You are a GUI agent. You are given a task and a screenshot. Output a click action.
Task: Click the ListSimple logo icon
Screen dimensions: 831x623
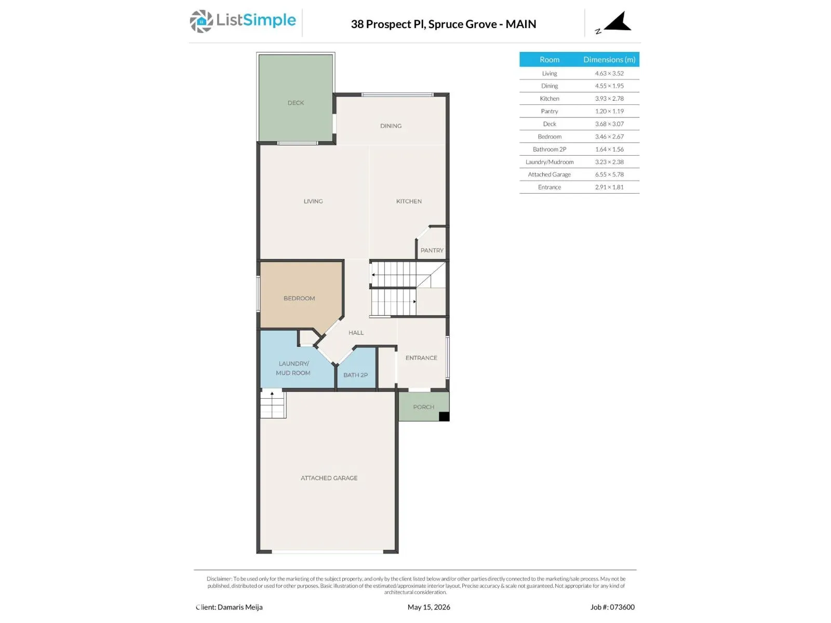[201, 21]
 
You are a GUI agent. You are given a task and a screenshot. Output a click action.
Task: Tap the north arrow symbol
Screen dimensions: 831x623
[618, 22]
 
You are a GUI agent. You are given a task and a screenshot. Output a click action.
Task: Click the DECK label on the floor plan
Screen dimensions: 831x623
[296, 103]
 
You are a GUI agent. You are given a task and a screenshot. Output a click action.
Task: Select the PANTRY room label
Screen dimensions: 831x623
[432, 250]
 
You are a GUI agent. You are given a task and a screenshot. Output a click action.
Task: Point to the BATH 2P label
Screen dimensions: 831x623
[355, 375]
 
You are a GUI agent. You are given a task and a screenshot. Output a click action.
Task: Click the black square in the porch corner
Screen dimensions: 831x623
[444, 416]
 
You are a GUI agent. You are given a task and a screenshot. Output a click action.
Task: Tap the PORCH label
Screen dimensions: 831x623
[423, 407]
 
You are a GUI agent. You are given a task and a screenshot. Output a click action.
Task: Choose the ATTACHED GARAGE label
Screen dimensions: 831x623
[329, 478]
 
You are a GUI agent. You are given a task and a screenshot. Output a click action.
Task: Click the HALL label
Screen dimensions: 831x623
[356, 332]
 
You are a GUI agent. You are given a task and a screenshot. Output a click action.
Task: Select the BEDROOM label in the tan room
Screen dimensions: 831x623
[299, 299]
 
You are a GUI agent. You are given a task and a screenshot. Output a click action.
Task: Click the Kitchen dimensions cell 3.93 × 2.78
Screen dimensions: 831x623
[609, 98]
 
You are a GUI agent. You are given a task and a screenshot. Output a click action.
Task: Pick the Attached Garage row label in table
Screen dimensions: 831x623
[549, 174]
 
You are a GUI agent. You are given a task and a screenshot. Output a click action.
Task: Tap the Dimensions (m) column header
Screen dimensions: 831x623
[609, 59]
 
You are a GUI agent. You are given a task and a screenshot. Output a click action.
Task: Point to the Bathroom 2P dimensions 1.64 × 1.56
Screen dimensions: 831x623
[609, 149]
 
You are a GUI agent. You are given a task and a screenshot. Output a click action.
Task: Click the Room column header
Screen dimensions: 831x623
[549, 59]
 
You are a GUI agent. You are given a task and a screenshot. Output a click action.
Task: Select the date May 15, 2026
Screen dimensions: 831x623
[428, 607]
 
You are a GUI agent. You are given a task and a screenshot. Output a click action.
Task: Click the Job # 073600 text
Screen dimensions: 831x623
[612, 607]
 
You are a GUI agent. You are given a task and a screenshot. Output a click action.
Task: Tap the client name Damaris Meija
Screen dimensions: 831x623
[239, 607]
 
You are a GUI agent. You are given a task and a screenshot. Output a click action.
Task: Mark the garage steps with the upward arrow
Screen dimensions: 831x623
[273, 404]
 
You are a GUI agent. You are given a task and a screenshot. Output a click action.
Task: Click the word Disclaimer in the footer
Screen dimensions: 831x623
[219, 579]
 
